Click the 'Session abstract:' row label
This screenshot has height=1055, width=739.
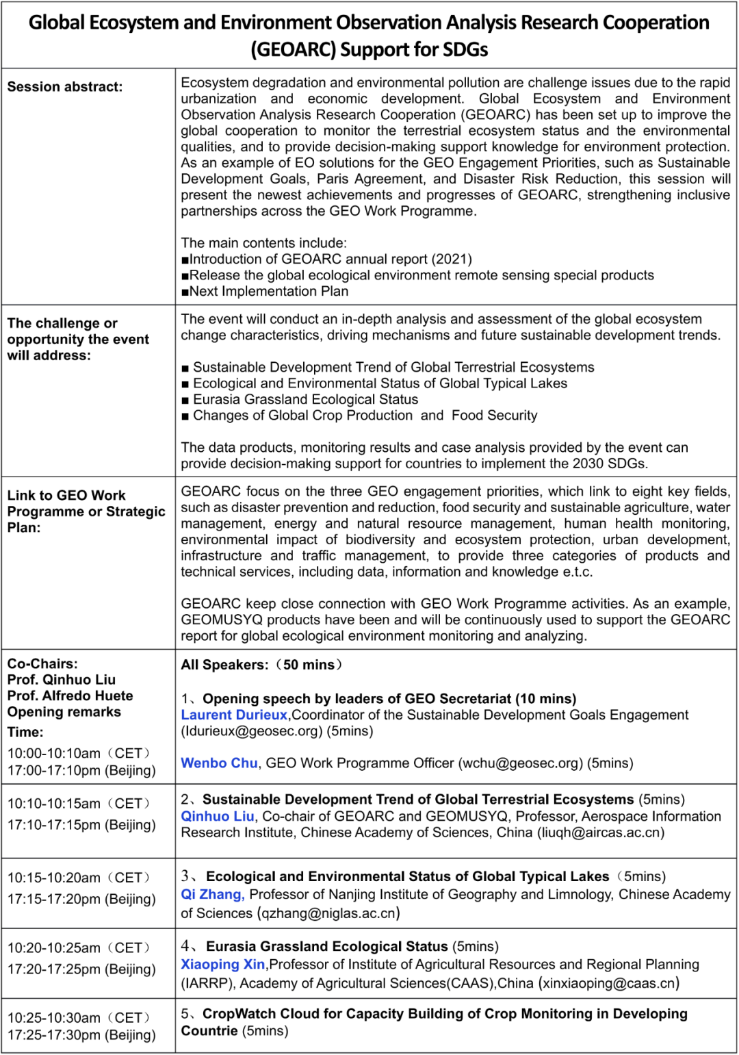[65, 87]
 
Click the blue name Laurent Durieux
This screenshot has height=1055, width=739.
[234, 715]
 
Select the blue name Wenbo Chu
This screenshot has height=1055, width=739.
[219, 763]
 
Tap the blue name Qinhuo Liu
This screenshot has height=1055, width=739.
[218, 816]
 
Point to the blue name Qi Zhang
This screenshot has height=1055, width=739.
[212, 894]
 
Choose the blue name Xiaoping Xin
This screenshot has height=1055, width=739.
[222, 964]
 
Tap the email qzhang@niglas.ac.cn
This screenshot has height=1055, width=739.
[328, 913]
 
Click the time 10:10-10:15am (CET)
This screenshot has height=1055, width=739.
[79, 803]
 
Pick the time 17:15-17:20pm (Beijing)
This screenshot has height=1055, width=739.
[81, 899]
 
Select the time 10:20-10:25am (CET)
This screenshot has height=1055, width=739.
[79, 948]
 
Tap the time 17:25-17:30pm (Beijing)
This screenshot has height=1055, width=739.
[81, 1034]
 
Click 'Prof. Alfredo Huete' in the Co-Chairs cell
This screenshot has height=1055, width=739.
[70, 696]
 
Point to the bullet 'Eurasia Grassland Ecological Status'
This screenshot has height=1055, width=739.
[305, 399]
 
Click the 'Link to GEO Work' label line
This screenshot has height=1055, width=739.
[66, 495]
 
